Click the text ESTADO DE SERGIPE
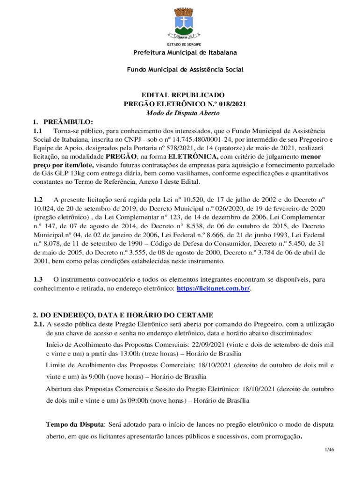point(180,44)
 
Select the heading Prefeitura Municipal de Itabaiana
point(180,52)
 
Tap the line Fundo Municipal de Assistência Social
point(180,70)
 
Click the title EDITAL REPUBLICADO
point(180,95)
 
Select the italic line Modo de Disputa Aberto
point(180,113)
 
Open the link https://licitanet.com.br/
point(213,288)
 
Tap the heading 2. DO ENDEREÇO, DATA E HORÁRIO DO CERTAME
point(123,315)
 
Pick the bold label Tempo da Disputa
point(74,425)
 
